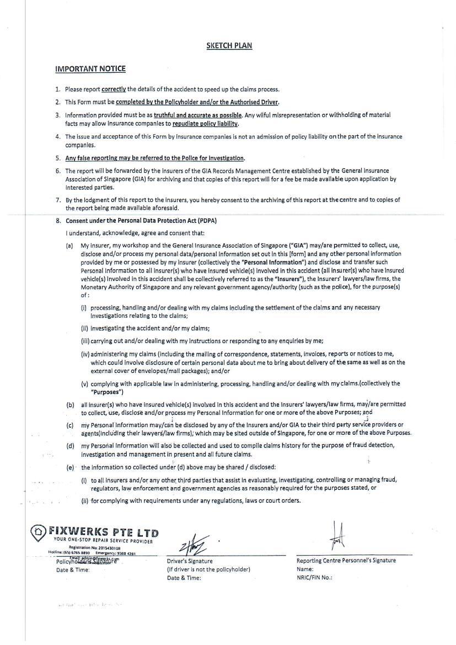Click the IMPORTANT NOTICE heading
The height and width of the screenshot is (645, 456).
click(90, 69)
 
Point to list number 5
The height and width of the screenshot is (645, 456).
click(57, 158)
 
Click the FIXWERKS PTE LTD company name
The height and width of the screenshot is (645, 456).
click(104, 532)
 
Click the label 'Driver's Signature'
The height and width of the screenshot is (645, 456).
click(190, 561)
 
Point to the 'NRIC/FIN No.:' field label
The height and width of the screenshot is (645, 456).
click(314, 578)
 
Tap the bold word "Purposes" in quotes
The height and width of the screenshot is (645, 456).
click(107, 392)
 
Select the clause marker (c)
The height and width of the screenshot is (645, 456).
click(70, 425)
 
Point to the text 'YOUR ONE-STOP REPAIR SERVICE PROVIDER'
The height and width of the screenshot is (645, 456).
click(103, 540)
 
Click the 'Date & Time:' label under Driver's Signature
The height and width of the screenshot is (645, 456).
click(184, 578)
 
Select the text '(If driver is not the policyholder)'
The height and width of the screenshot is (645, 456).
click(208, 569)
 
